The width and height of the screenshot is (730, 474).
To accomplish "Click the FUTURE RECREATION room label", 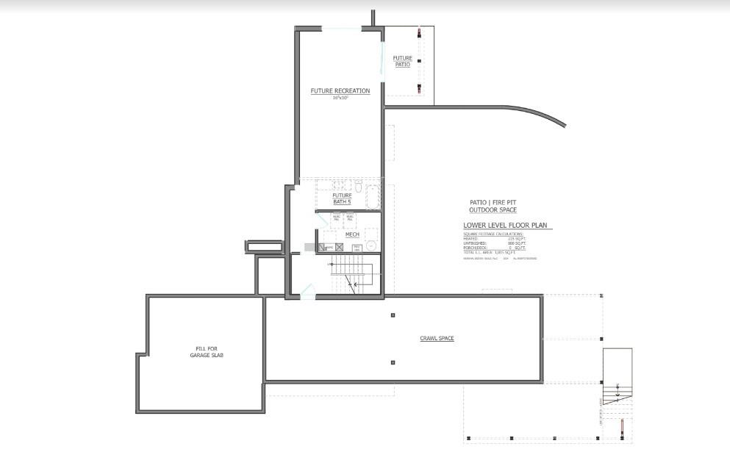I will click(340, 91).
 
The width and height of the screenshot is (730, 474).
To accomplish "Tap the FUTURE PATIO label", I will click(402, 61).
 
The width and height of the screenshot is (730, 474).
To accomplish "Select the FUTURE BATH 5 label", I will click(342, 198).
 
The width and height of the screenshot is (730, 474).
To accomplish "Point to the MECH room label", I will click(351, 234).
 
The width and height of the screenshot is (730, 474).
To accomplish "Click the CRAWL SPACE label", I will click(437, 339).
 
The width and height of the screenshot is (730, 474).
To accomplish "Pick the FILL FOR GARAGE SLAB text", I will click(206, 352).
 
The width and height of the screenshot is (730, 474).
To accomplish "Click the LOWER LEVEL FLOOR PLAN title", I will click(506, 226).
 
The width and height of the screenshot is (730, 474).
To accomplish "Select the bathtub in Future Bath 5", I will click(372, 198).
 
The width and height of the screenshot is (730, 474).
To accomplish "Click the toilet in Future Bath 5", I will click(358, 185).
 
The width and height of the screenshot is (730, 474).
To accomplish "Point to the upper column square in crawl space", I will click(393, 315).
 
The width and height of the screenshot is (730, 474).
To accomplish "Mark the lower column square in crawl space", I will click(393, 362).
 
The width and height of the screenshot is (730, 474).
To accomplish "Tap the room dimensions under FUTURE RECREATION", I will click(340, 98).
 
